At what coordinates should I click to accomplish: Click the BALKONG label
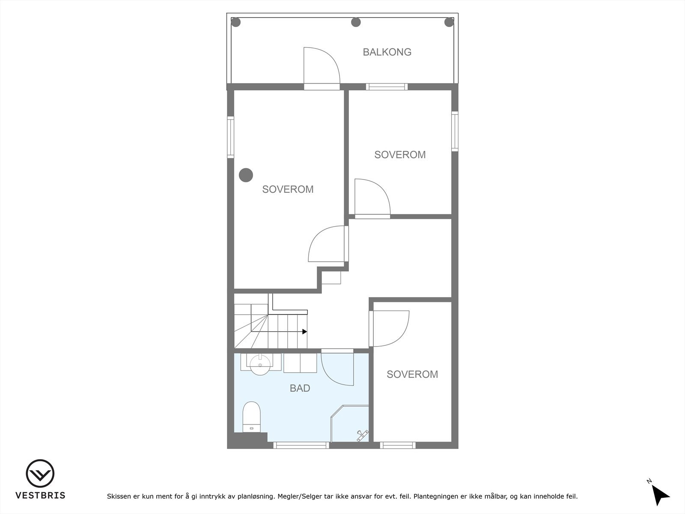[387, 52]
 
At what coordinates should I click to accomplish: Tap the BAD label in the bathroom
[300, 388]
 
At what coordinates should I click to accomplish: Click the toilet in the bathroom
[251, 417]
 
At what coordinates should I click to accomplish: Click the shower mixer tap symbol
[362, 435]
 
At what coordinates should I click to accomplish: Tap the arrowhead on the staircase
[304, 332]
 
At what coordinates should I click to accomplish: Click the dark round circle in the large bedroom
[246, 175]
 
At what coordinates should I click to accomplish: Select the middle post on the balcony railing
[355, 22]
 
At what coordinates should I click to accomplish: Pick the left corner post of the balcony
[236, 22]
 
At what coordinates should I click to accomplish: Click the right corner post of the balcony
[449, 22]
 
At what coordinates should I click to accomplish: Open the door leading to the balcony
[322, 69]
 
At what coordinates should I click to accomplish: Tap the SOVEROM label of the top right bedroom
[400, 155]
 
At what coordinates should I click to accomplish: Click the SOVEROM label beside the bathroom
[412, 374]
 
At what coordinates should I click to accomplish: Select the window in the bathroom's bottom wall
[301, 445]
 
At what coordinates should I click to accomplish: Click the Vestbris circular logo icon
[40, 473]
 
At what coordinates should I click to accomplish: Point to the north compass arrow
[661, 496]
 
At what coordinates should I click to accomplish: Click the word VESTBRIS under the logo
[40, 496]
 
